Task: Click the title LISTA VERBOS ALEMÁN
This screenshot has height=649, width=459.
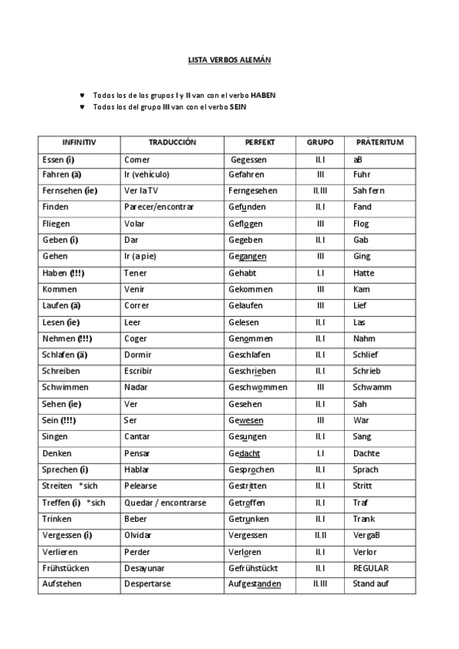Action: (229, 59)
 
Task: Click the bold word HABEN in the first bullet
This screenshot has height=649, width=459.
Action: (263, 95)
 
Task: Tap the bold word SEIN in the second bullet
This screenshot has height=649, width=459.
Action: (238, 107)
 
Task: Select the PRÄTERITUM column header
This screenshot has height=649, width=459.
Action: (379, 142)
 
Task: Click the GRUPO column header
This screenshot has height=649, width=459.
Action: (320, 142)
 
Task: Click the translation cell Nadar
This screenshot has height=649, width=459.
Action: (136, 387)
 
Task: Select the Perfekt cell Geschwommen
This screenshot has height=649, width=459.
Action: (257, 387)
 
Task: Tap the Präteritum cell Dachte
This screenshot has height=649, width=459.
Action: (367, 453)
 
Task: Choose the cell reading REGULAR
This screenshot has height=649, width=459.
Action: (371, 568)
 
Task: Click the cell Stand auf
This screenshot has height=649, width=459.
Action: (371, 584)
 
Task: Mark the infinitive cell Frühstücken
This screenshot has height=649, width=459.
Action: (66, 568)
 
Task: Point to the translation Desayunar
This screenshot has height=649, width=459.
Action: (144, 568)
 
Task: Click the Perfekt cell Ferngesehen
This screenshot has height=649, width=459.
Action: (253, 191)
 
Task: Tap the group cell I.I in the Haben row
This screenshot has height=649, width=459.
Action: (320, 273)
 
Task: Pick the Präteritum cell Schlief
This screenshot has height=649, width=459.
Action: (366, 355)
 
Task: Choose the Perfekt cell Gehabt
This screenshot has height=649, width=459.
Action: (242, 273)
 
